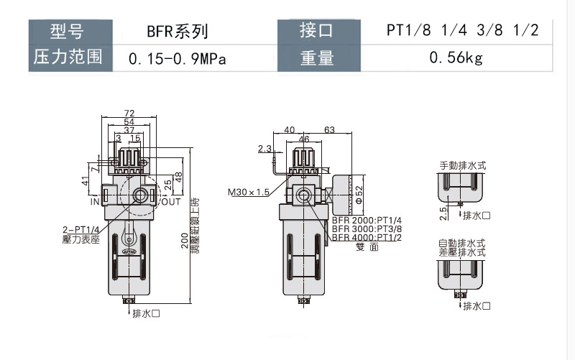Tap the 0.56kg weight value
pos(456,58)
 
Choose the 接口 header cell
pos(317,32)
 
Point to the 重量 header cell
pos(317,58)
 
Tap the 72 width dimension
pos(129,113)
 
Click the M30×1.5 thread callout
pos(248,193)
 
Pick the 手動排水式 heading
pos(463,165)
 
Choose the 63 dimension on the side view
pos(330,130)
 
